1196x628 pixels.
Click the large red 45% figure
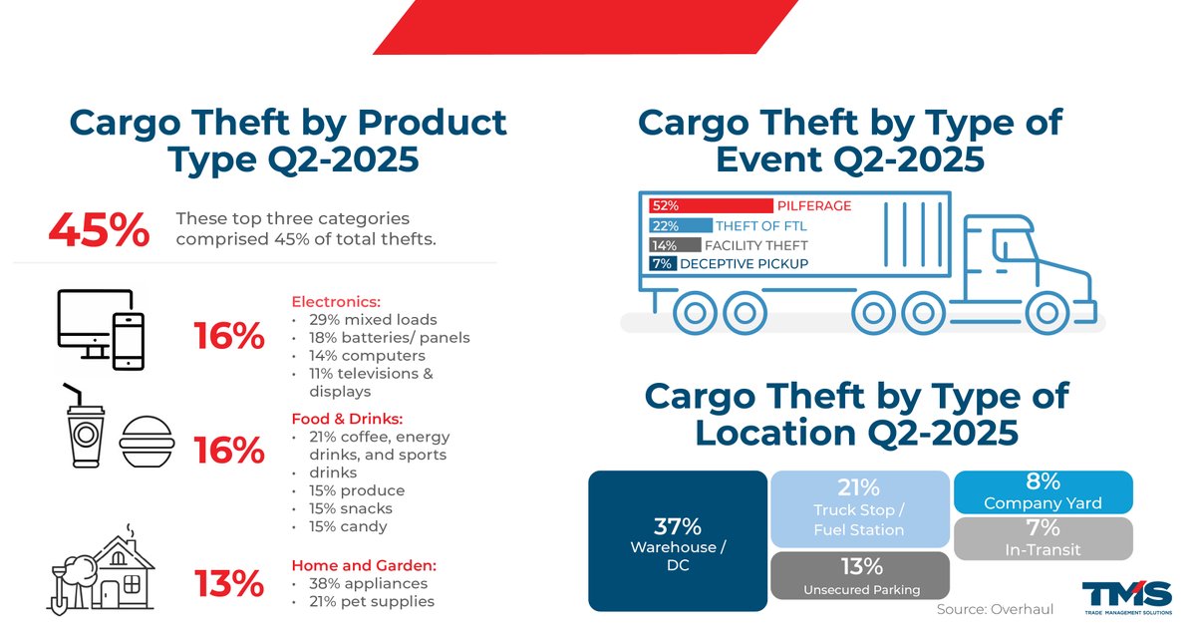pyautogui.click(x=99, y=231)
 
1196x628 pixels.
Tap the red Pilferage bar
pyautogui.click(x=711, y=205)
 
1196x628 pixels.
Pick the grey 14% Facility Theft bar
pyautogui.click(x=663, y=244)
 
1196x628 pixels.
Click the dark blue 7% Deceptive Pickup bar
pyautogui.click(x=663, y=263)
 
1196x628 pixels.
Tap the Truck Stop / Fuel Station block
pyautogui.click(x=859, y=508)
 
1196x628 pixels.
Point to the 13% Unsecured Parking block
pyautogui.click(x=859, y=576)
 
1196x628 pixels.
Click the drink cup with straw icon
pyautogui.click(x=85, y=430)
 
